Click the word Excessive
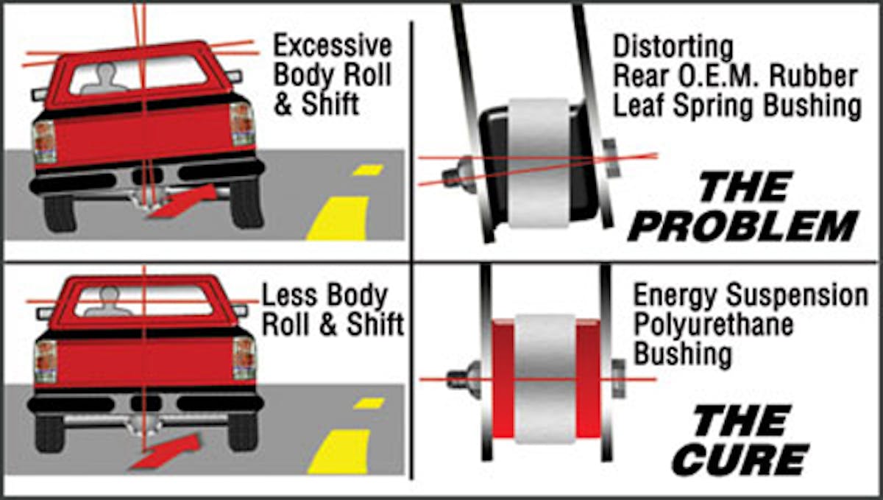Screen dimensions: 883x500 coord(333,46)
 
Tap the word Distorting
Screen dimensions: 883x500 coord(673,48)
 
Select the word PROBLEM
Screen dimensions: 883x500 coord(742,227)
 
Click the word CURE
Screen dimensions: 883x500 coord(741,459)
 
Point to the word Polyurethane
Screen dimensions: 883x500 coord(713,325)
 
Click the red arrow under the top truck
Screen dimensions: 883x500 coord(182,202)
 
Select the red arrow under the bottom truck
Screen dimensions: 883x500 coord(166,452)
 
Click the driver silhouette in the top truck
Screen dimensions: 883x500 coord(104,79)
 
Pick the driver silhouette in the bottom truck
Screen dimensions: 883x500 coord(109,302)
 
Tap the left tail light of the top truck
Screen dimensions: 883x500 coord(44,141)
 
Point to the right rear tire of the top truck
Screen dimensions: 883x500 coord(247,205)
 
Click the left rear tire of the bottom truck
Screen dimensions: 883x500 coord(49,434)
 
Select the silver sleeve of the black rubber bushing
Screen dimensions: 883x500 coord(539,163)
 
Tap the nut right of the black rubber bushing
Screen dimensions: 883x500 coord(611,158)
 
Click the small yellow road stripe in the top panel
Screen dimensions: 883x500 coord(368,170)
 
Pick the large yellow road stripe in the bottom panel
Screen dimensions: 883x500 coord(338,452)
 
